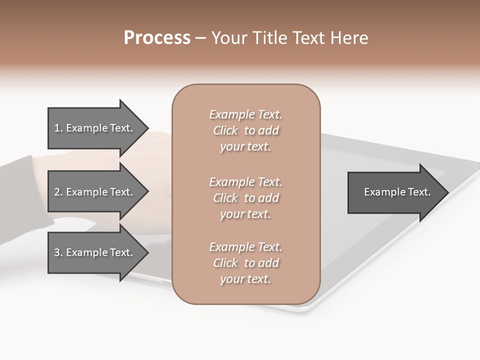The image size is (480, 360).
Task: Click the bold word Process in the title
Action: click(157, 38)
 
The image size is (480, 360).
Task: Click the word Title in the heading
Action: click(270, 38)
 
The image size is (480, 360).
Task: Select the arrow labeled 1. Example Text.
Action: click(95, 128)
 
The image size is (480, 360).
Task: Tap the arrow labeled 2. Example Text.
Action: click(95, 192)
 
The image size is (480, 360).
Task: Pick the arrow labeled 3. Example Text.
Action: click(95, 252)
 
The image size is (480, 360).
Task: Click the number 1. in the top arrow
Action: click(58, 128)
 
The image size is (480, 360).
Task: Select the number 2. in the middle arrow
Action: click(58, 192)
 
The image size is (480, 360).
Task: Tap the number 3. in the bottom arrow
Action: click(58, 252)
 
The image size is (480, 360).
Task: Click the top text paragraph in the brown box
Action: click(245, 130)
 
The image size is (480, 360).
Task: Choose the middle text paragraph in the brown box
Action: click(245, 198)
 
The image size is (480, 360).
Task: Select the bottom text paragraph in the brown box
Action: click(245, 263)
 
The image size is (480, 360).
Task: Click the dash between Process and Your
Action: click(200, 38)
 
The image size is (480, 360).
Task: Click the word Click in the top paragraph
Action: click(225, 130)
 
